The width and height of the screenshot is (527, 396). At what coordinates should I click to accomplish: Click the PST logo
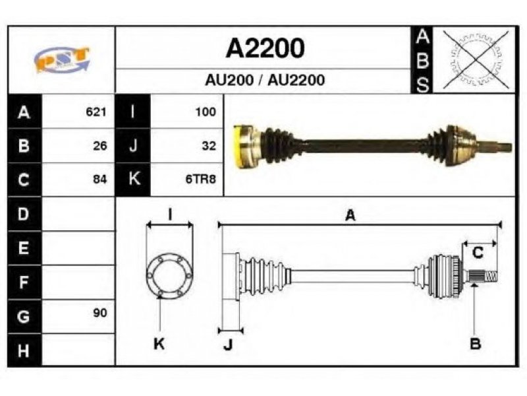tap(62, 59)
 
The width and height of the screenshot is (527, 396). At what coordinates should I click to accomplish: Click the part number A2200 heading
tap(265, 48)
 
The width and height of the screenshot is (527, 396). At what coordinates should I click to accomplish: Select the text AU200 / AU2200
tap(265, 80)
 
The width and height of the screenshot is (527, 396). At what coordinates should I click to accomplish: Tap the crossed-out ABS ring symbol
tap(476, 59)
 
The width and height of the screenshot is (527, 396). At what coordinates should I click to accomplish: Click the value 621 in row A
tap(96, 112)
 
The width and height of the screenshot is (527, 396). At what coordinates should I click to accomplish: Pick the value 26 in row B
tap(100, 146)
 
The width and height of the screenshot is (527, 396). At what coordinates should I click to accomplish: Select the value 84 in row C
tap(100, 179)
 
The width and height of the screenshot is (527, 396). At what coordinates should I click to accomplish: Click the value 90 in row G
tap(100, 313)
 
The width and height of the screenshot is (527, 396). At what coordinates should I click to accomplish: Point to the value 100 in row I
tap(206, 112)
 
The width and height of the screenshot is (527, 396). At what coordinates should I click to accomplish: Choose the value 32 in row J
tap(209, 146)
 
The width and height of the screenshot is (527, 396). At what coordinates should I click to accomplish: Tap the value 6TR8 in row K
tap(201, 179)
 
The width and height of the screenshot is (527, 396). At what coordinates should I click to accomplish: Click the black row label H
tap(24, 350)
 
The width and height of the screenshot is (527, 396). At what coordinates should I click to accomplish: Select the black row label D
tap(24, 214)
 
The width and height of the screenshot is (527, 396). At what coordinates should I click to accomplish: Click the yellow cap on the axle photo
tap(238, 146)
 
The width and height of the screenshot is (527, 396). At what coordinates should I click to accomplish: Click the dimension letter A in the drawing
tap(350, 215)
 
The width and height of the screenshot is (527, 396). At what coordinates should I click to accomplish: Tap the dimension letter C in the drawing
tap(478, 252)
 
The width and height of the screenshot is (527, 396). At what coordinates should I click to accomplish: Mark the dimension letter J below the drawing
tap(228, 344)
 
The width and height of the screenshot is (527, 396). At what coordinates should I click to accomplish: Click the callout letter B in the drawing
tap(475, 344)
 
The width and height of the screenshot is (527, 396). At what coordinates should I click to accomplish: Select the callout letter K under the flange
tap(159, 344)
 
